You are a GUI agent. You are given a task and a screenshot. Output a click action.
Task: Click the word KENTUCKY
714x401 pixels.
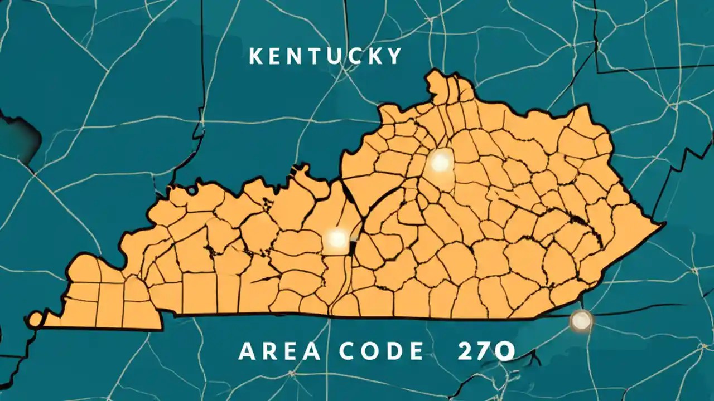(x=325, y=56)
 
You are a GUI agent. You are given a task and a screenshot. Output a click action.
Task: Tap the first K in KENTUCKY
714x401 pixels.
(x=256, y=56)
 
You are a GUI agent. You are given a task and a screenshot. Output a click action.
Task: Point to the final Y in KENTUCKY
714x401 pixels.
(x=394, y=56)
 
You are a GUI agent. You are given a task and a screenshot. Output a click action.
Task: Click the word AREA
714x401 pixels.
(x=280, y=351)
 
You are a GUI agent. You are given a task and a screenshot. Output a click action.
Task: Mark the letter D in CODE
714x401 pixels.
(x=397, y=351)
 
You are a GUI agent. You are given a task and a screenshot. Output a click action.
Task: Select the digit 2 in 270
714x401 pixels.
(x=465, y=351)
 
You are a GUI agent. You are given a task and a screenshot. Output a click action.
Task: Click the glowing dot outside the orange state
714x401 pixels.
(x=581, y=321)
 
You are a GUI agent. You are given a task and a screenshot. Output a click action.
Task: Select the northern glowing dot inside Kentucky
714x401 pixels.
(x=441, y=163)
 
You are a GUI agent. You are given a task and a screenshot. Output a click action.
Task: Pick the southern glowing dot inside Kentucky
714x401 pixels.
(x=337, y=239)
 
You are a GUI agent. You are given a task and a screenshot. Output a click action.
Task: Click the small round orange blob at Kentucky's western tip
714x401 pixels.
(x=36, y=319)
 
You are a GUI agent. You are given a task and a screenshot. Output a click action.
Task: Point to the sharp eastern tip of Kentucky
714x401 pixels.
(x=663, y=225)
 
